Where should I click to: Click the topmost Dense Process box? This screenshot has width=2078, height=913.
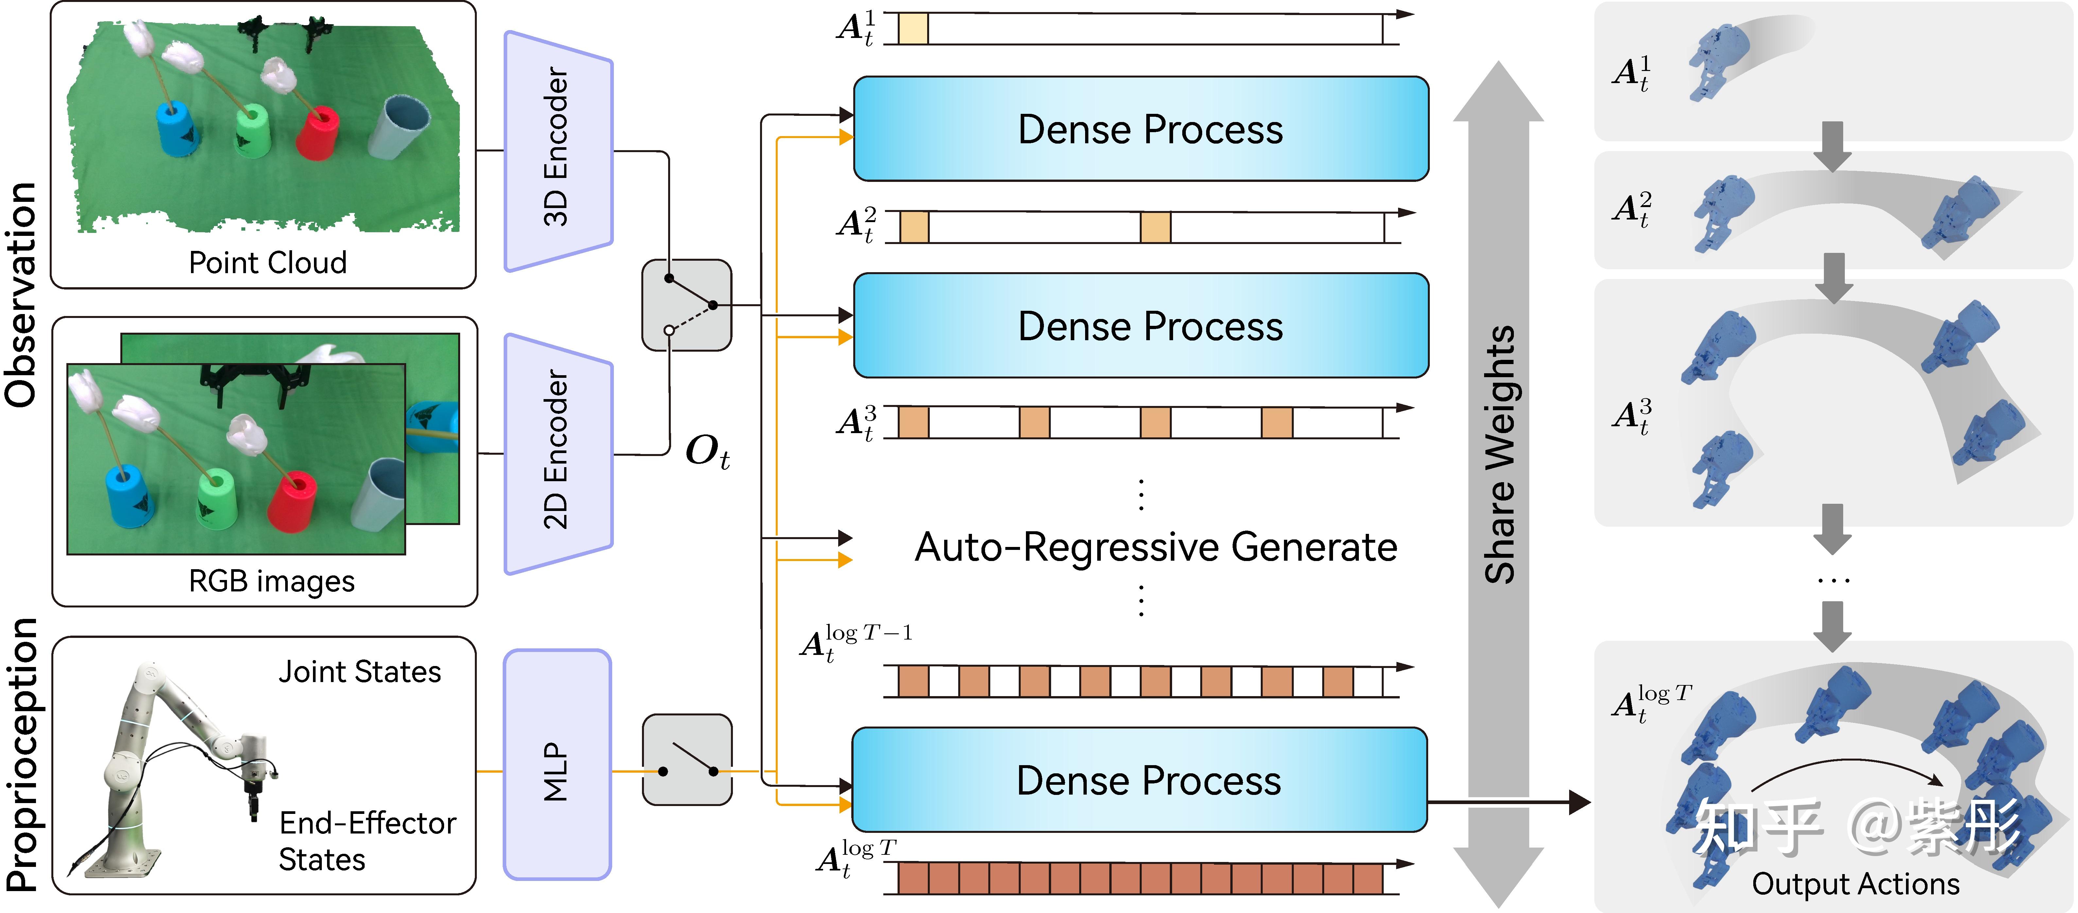(x=1141, y=129)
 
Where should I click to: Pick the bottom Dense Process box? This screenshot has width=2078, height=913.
(x=1139, y=780)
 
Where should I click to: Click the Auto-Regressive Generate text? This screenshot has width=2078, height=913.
(x=1155, y=548)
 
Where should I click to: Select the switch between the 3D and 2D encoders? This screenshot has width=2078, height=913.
(x=686, y=305)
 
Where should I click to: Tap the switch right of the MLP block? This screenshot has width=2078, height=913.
(x=686, y=760)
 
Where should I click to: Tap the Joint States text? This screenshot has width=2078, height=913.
(x=360, y=672)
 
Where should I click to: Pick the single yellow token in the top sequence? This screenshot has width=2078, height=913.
(x=912, y=28)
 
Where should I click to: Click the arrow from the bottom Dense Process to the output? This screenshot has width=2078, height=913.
(x=1509, y=802)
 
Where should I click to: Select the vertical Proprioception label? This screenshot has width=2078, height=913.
(x=23, y=754)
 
